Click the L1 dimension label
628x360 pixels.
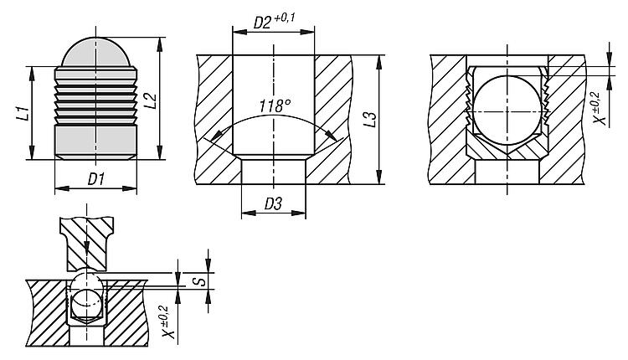[x=25, y=113]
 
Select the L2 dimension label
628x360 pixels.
[x=150, y=100]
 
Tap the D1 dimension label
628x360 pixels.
[x=96, y=179]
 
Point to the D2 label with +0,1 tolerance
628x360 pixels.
[x=275, y=21]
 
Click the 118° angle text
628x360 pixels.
[x=275, y=105]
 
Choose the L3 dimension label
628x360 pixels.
[x=371, y=120]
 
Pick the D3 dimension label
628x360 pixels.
[x=273, y=204]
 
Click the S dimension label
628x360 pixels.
[x=202, y=280]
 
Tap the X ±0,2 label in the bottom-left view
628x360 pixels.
[x=168, y=321]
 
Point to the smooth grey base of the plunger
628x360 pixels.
[x=95, y=142]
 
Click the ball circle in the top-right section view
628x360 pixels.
[x=507, y=111]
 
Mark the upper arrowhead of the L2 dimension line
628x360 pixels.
[x=160, y=44]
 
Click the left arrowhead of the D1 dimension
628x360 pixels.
[x=61, y=188]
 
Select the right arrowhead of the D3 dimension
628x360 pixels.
[x=299, y=213]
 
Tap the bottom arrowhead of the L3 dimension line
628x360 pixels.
[x=378, y=177]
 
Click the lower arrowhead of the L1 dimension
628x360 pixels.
[x=31, y=152]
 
